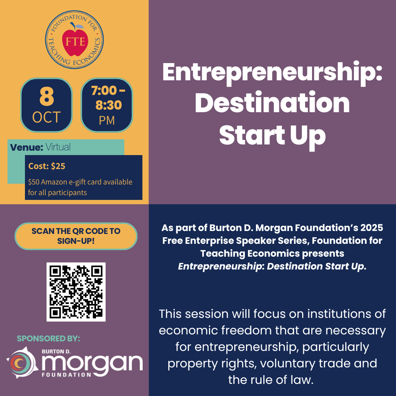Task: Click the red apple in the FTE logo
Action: coord(75,42)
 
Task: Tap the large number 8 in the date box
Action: coord(47,96)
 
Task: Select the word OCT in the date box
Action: coord(47,117)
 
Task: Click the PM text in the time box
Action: coord(107,121)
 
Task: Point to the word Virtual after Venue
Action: coord(58,147)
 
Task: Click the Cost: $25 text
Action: coord(47,166)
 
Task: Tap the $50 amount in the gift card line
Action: coord(34,182)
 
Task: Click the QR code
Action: coord(76,292)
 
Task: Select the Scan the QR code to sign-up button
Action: coord(76,236)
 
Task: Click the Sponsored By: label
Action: coord(48,338)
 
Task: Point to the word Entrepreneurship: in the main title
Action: coord(272,73)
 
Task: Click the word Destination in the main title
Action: coord(272,103)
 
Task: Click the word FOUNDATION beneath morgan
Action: coord(66,375)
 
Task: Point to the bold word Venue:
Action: coord(26,147)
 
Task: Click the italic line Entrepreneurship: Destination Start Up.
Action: coord(272,267)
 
